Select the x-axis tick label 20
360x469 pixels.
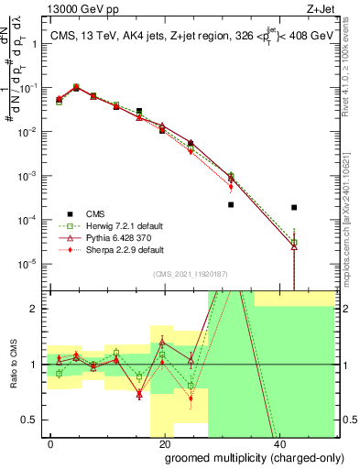click(x=165, y=443)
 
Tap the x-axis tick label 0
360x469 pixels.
click(x=51, y=443)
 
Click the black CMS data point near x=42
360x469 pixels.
click(x=294, y=208)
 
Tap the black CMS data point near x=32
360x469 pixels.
click(x=231, y=205)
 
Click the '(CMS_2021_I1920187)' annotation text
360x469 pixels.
click(x=190, y=273)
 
